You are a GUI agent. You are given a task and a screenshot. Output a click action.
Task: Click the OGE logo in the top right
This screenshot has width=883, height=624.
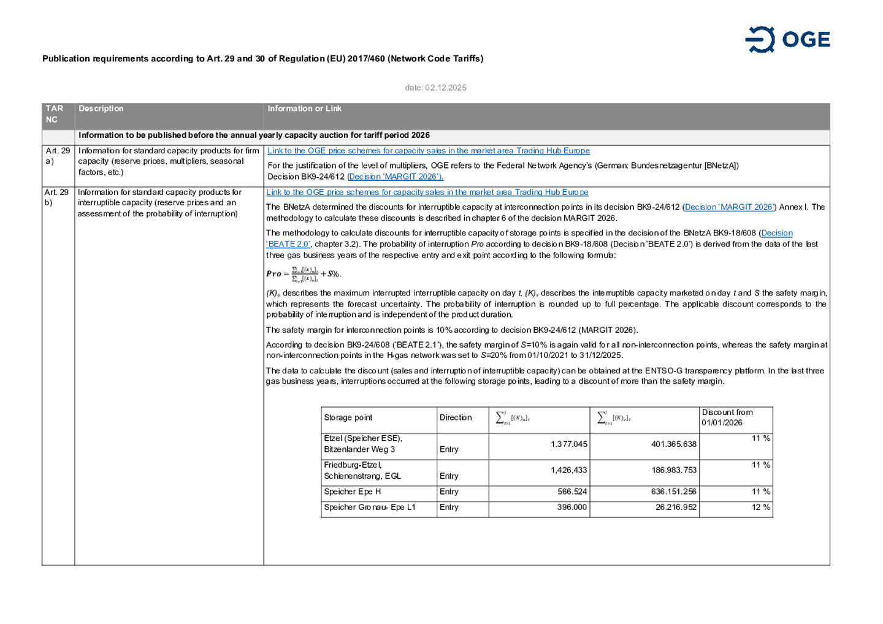click(x=787, y=40)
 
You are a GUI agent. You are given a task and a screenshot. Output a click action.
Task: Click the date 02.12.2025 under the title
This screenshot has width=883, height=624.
click(x=435, y=88)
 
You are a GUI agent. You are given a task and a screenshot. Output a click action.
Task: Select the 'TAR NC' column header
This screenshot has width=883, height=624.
click(x=55, y=114)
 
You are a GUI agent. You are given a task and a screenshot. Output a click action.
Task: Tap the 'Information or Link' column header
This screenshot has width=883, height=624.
click(x=304, y=108)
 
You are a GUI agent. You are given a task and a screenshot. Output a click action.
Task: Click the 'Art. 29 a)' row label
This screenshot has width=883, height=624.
click(x=58, y=156)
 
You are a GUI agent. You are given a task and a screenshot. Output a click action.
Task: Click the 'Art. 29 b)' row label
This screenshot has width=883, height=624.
click(x=57, y=197)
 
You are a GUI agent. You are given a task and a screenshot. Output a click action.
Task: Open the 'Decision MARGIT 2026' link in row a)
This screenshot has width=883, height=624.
click(x=396, y=177)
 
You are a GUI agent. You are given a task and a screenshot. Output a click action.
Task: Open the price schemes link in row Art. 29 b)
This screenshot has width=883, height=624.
click(x=427, y=192)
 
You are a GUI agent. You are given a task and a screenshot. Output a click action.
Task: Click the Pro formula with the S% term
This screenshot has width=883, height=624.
click(x=304, y=274)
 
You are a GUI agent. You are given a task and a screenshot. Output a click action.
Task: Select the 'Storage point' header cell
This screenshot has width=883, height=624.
click(x=348, y=417)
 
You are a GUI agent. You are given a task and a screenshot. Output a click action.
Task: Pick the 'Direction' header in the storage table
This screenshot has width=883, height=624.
click(x=456, y=417)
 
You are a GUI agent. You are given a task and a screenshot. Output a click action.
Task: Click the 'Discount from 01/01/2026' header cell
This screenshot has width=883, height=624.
click(x=727, y=417)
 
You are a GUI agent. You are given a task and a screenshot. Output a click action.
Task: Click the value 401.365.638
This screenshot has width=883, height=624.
click(x=673, y=444)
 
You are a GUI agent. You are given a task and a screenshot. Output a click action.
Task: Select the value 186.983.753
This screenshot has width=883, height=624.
click(x=673, y=470)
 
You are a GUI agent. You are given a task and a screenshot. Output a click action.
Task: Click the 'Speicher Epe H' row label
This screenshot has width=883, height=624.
click(x=353, y=492)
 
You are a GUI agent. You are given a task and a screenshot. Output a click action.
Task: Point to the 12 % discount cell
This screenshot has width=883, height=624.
click(x=760, y=508)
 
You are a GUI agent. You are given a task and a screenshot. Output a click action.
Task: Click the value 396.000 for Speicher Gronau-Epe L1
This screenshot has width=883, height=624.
click(x=572, y=508)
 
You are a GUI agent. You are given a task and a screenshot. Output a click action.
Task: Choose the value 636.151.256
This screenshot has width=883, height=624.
click(x=673, y=492)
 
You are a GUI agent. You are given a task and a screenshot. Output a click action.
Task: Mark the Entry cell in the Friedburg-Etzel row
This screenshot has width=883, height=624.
click(x=449, y=476)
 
